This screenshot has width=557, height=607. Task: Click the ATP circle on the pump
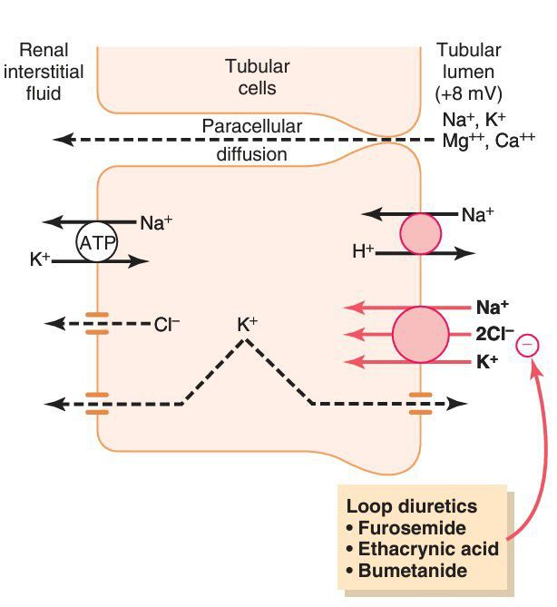tap(97, 242)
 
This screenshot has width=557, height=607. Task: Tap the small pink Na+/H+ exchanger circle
tap(419, 233)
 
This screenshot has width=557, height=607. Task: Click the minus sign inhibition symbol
tap(528, 346)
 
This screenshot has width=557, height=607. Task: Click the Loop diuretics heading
tap(412, 505)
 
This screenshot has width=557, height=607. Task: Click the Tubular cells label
tap(257, 77)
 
